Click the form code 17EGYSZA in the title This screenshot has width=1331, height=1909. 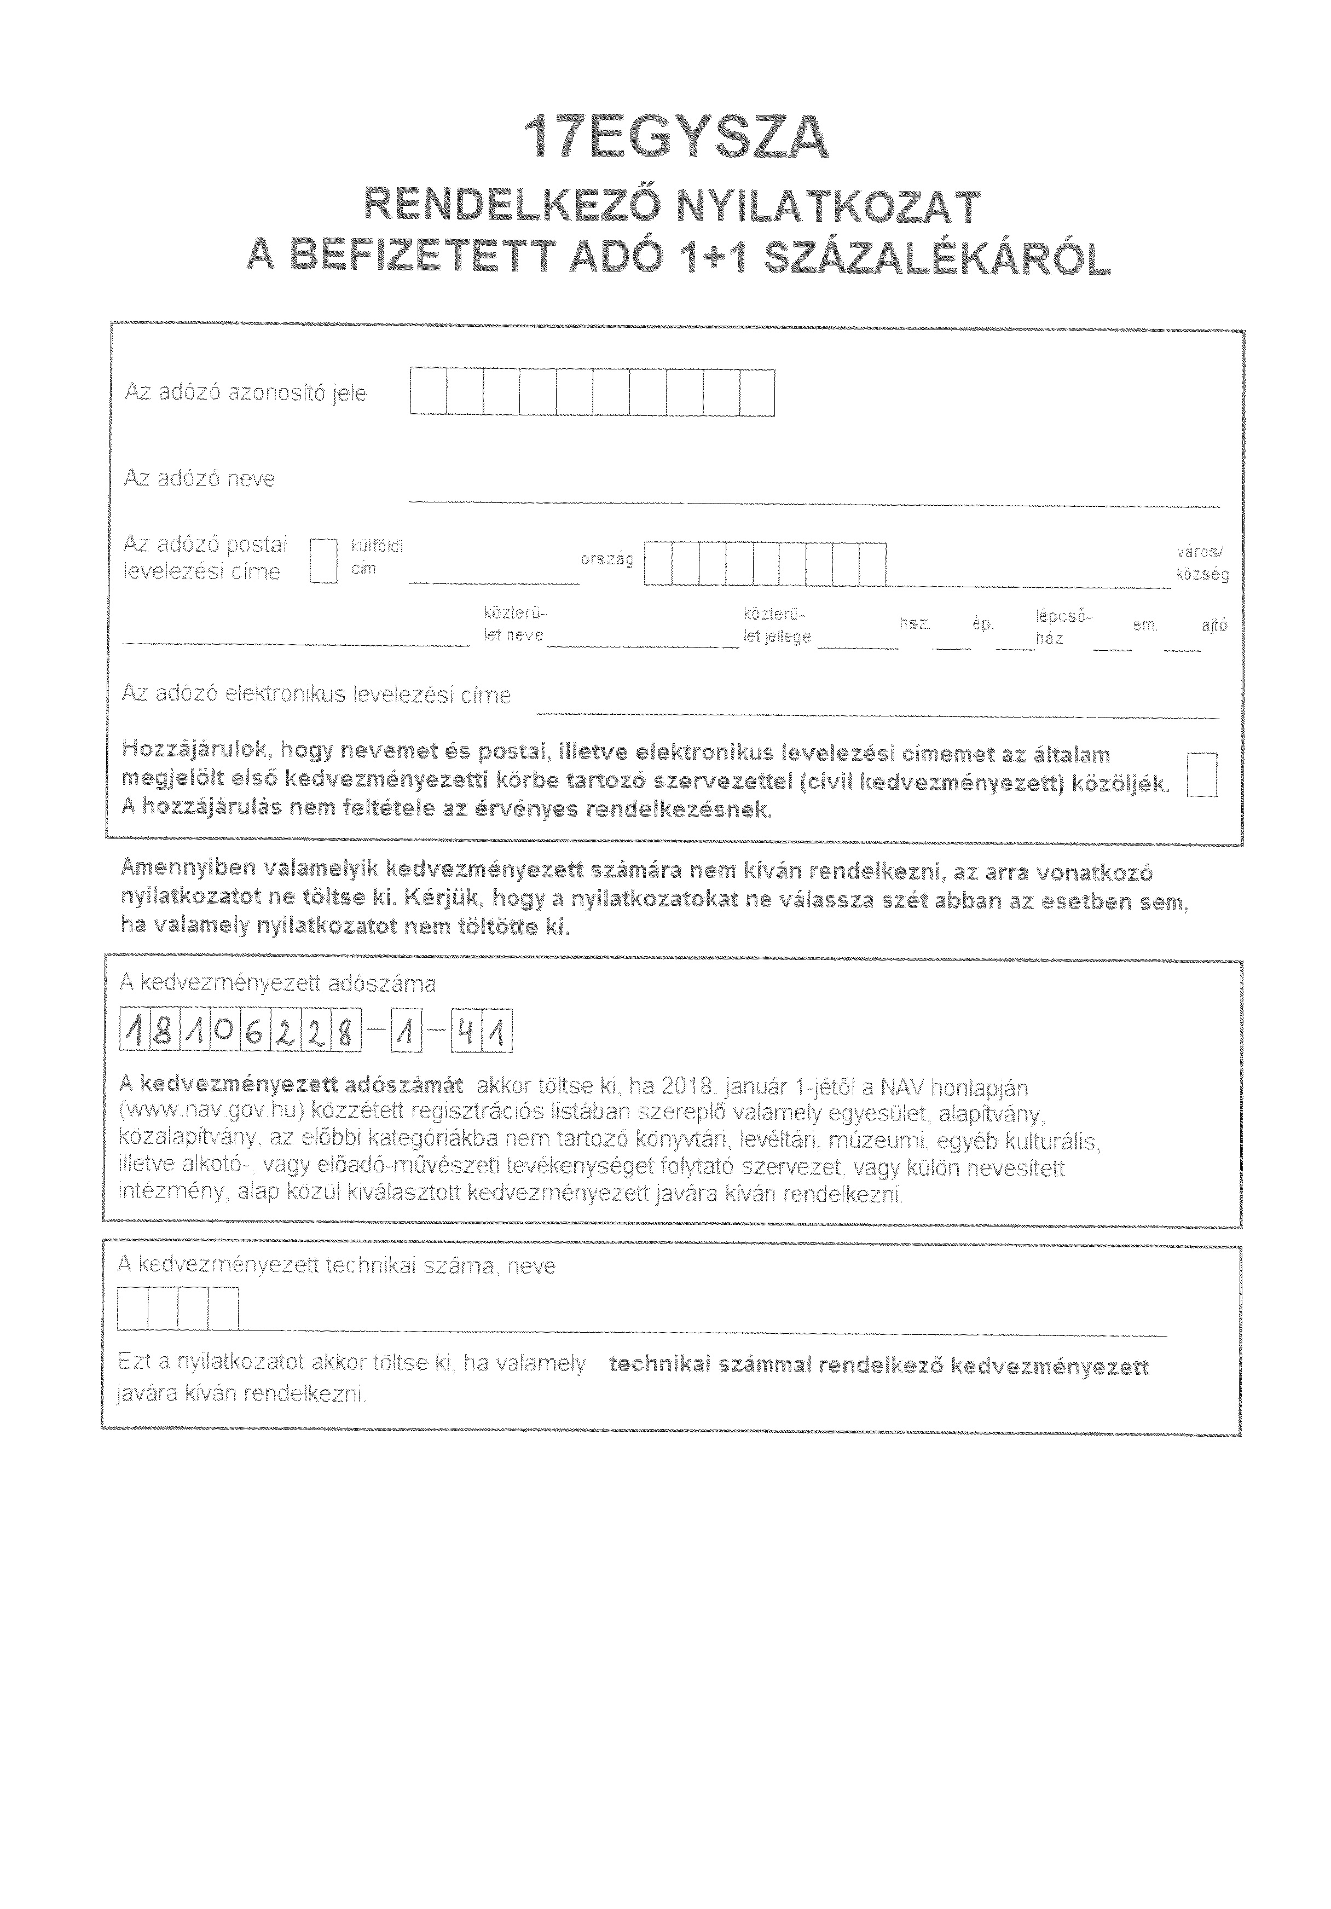point(675,138)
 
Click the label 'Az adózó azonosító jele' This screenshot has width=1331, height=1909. point(245,392)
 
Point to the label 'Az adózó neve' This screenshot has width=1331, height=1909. point(200,479)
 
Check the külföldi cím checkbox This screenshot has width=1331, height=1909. point(323,561)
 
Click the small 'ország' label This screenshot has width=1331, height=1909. point(607,559)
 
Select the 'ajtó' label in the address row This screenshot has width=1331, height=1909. point(1214,625)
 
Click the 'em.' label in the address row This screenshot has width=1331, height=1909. point(1145,625)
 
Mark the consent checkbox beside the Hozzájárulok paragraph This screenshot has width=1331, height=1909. point(1202,775)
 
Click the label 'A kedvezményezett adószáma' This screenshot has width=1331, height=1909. point(277,984)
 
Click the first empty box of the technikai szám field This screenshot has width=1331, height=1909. point(133,1308)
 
